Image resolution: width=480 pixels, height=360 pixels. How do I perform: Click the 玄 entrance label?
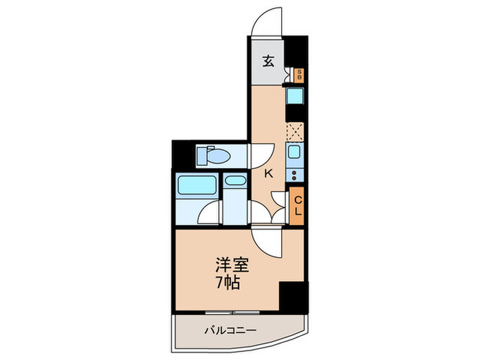click(x=269, y=61)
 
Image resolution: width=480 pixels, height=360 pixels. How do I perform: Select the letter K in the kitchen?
click(x=269, y=174)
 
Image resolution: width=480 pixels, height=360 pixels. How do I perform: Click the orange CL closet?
click(x=298, y=205)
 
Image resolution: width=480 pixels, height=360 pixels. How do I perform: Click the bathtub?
click(x=197, y=186)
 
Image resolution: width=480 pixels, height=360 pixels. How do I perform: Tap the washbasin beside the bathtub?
click(x=235, y=182)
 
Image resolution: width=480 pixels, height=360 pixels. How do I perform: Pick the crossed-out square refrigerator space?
click(x=295, y=130)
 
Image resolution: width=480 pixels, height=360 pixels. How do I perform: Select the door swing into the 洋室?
click(x=262, y=239)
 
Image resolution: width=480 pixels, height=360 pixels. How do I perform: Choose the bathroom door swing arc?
click(x=210, y=215)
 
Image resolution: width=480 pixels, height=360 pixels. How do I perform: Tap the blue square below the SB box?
click(x=296, y=97)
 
